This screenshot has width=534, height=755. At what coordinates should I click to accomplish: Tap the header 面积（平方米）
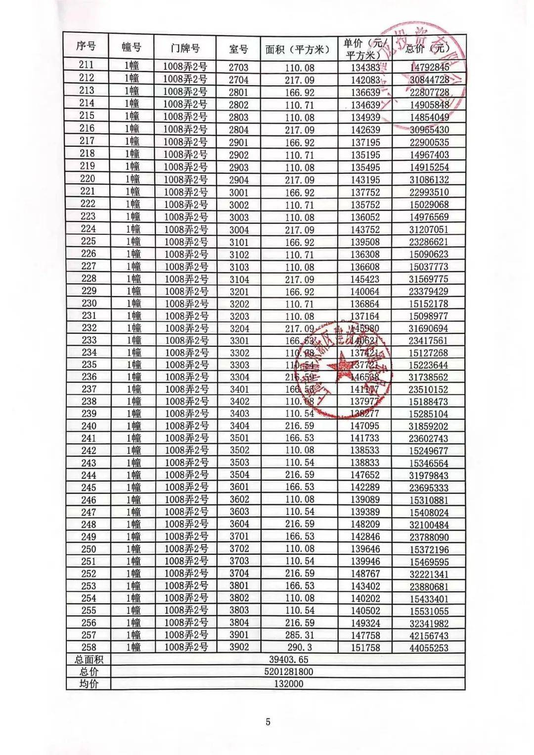(x=297, y=49)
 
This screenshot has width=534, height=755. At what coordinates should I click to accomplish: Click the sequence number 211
(x=86, y=65)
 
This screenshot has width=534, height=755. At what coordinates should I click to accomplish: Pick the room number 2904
(x=239, y=180)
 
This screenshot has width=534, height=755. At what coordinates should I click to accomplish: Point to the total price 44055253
(x=429, y=648)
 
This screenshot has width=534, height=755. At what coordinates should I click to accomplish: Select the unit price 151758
(x=365, y=647)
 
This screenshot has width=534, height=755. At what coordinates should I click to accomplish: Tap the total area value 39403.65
(x=289, y=660)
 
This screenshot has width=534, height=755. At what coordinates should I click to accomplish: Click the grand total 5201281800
(x=289, y=672)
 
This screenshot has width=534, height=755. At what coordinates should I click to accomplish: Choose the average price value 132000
(x=289, y=684)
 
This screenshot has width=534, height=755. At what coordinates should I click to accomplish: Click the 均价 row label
(x=89, y=684)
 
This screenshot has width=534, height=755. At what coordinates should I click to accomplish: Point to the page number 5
(x=268, y=722)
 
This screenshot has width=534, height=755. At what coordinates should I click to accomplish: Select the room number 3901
(x=239, y=635)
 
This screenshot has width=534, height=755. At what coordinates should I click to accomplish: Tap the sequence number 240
(x=89, y=426)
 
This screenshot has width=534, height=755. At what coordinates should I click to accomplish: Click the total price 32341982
(x=429, y=624)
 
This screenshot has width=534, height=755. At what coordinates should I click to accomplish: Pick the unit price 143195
(x=365, y=180)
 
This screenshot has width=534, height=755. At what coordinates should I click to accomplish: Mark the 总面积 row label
(x=89, y=660)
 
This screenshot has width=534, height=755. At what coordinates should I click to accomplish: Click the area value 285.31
(x=300, y=635)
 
